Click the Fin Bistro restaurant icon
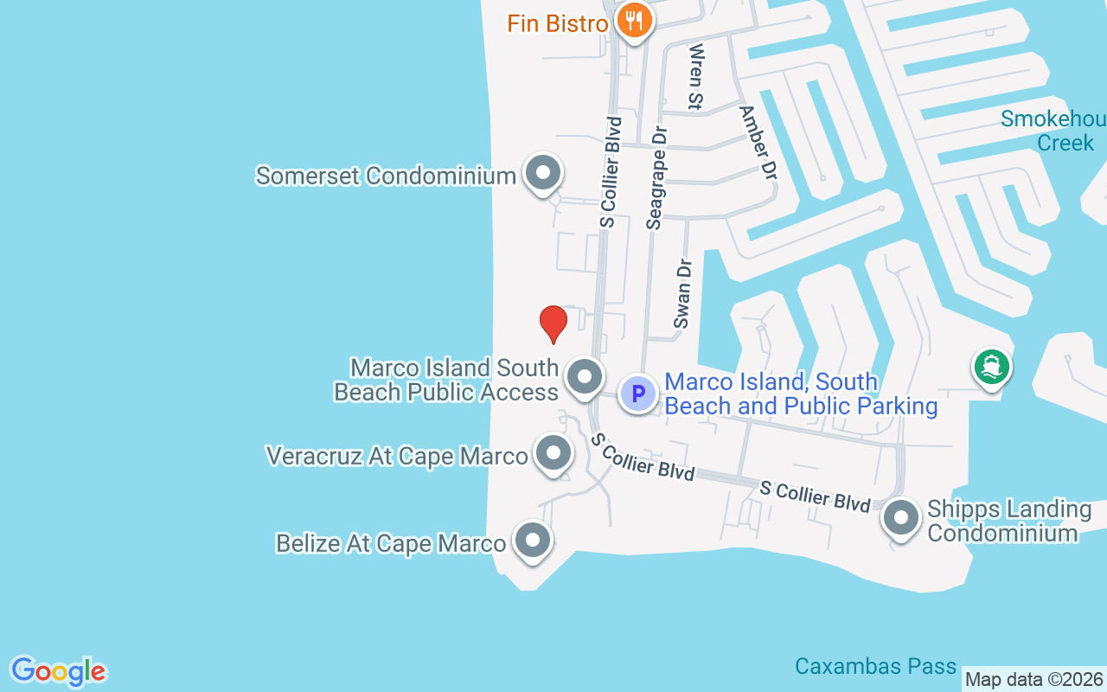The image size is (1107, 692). coord(636,21)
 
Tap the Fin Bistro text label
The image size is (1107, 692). coord(558,23)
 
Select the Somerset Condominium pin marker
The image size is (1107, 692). coord(543,173)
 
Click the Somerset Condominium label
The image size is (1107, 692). coord(386,176)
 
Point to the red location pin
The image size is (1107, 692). coord(553,324)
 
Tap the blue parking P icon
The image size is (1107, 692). coord(638,394)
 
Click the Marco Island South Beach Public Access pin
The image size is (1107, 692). coord(584,377)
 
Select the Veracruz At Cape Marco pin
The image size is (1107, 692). coord(553,452)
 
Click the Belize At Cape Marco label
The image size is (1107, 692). coord(390,543)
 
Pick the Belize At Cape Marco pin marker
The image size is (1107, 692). coord(532,540)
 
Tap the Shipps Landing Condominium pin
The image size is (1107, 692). coord(900,519)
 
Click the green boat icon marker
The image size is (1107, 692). coord(991,368)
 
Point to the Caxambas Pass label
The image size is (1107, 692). coord(875,666)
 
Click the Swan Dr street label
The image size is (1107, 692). coord(683,293)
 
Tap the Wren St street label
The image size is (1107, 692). coord(694,77)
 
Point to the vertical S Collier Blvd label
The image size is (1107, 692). coord(611,171)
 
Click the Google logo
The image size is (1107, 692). coord(58,671)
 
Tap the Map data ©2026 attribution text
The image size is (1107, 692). coord(1034,680)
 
